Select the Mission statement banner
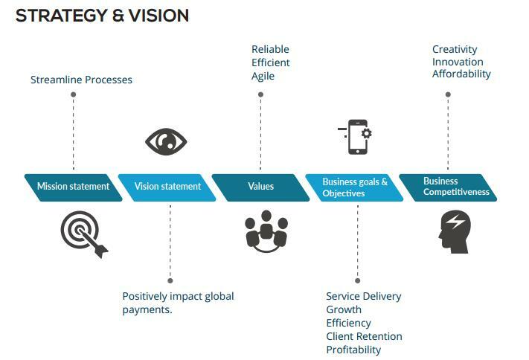(73, 187)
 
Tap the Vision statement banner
(167, 187)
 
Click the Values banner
(260, 187)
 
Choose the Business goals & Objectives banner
(355, 187)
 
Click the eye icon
(166, 141)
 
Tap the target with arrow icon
(83, 234)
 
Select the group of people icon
(266, 231)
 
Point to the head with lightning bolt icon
(454, 231)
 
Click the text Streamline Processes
(81, 80)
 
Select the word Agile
(263, 76)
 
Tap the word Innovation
(458, 62)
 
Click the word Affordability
(461, 74)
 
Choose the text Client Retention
(364, 336)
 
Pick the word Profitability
(353, 350)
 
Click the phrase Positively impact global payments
(178, 303)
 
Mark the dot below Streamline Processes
(74, 94)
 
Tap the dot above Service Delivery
(357, 280)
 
